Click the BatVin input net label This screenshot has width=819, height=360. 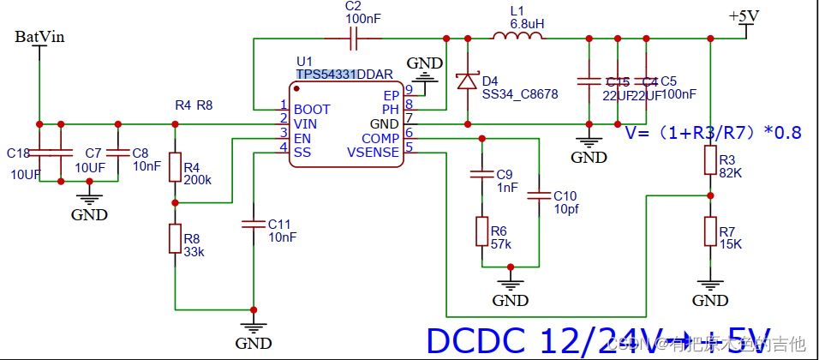click(x=39, y=37)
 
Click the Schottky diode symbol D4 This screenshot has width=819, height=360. click(x=467, y=81)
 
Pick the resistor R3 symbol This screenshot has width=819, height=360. click(x=709, y=160)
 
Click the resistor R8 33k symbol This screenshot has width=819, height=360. click(x=175, y=239)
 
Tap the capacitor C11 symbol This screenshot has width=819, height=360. click(x=254, y=224)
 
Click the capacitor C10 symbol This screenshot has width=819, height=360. click(x=539, y=195)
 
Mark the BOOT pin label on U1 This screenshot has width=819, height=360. click(x=311, y=110)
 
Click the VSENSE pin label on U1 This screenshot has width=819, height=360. click(x=373, y=152)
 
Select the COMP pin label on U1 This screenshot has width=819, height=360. click(x=380, y=138)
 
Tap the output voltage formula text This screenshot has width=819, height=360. click(x=713, y=133)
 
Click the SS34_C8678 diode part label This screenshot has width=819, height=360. click(x=519, y=94)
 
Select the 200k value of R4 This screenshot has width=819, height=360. click(x=198, y=181)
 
